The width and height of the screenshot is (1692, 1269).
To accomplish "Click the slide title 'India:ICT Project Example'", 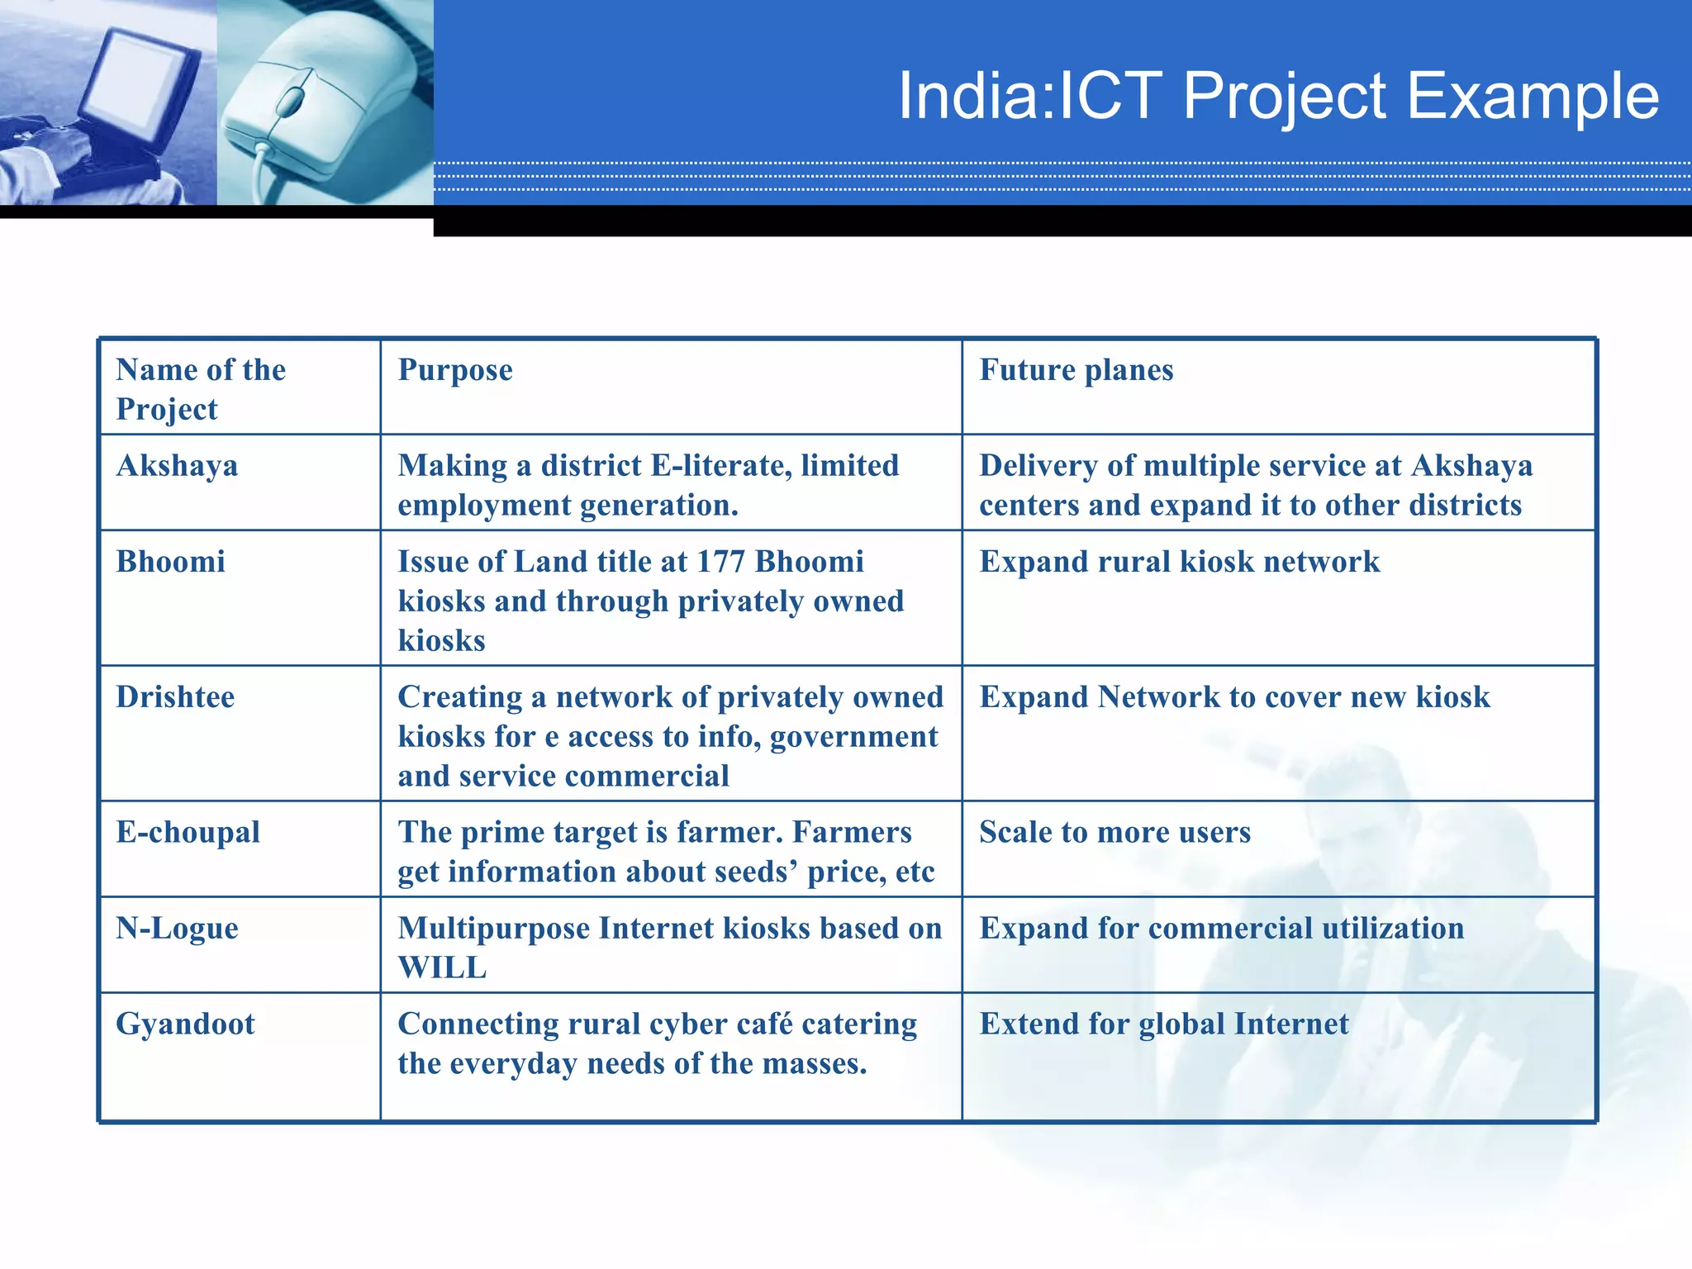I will coord(1278,96).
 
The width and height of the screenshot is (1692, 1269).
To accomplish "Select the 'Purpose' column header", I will coord(455,370).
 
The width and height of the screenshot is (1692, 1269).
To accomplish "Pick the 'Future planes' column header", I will coord(1076,370).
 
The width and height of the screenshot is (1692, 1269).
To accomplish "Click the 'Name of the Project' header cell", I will coord(201,389).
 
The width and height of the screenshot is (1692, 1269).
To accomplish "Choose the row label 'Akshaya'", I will coord(177,466).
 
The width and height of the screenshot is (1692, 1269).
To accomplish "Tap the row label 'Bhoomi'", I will coord(170,562).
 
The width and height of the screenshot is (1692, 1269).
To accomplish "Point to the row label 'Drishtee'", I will coord(175,697).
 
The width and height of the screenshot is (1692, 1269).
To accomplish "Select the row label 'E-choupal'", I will coord(188,832).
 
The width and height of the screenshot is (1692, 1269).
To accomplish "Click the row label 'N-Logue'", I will coord(177,929).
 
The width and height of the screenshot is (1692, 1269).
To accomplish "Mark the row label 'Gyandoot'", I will coord(185,1024).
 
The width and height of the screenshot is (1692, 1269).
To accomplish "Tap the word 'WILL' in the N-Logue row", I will coord(443,967).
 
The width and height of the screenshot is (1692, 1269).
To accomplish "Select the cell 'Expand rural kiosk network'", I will coord(1179,562).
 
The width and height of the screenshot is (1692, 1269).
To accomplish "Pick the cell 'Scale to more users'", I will coord(1115,832).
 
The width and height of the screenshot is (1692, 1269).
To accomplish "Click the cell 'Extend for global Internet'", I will coord(1163,1024).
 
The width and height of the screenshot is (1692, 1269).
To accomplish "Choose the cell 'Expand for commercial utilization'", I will coord(1221,929).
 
